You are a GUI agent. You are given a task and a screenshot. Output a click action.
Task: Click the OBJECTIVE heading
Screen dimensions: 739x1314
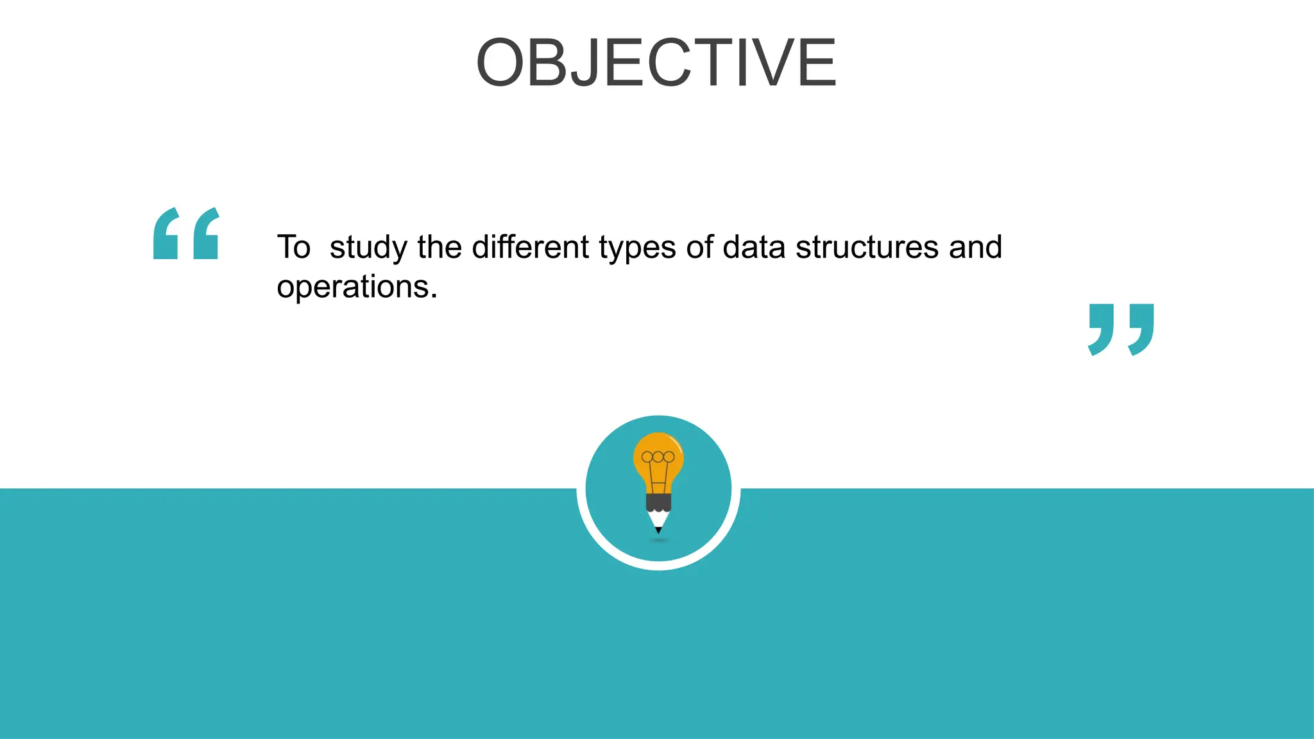coord(656,63)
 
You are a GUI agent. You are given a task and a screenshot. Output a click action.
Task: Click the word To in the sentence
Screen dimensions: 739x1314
coord(294,247)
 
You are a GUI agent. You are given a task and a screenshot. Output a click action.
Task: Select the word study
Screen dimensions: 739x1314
coord(368,248)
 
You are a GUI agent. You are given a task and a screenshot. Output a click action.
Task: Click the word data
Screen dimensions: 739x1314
coord(754,247)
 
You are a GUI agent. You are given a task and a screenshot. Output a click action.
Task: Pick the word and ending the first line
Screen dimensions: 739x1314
coord(975,247)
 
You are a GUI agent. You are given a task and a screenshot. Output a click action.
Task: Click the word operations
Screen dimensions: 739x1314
coord(353,287)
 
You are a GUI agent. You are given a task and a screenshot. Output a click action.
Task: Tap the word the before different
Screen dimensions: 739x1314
coord(439,247)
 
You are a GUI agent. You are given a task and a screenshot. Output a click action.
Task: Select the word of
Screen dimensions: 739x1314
coord(699,247)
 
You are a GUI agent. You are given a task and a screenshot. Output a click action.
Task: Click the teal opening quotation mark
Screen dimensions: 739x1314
coord(186,234)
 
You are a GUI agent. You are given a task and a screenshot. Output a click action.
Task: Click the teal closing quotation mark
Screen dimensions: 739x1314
coord(1121,330)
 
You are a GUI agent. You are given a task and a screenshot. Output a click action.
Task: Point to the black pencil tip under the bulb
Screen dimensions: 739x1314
coord(658,530)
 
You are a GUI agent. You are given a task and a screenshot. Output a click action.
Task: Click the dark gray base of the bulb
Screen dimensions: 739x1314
coord(658,502)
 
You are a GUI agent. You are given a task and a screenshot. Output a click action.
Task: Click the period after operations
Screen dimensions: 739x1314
coord(434,296)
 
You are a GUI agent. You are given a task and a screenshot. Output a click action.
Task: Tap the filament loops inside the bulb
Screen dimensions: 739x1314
coord(658,457)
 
